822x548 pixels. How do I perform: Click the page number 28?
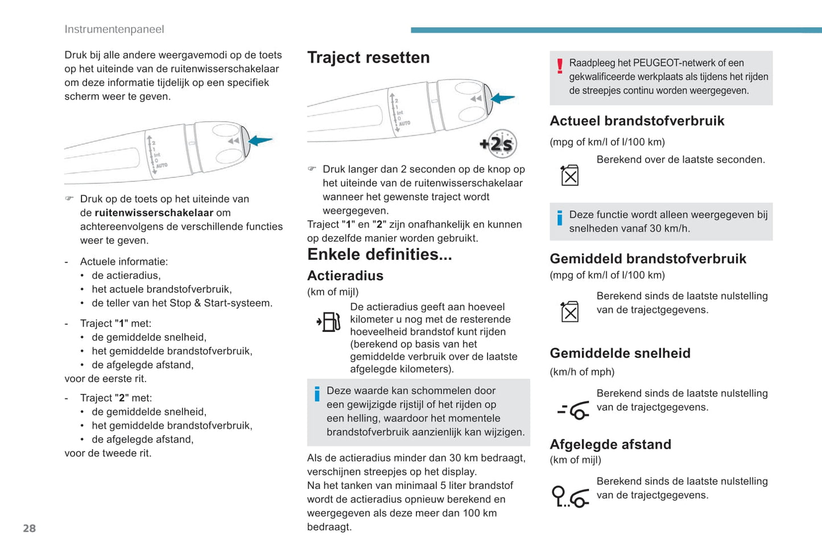(29, 528)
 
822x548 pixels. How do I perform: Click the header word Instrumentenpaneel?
(114, 29)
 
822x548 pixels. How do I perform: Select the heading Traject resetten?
(368, 57)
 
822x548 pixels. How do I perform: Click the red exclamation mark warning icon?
(560, 67)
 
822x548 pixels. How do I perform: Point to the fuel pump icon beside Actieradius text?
(329, 322)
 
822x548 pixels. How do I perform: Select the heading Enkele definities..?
(379, 254)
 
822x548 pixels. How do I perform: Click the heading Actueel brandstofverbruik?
(637, 121)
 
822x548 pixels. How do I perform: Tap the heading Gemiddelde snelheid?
(620, 353)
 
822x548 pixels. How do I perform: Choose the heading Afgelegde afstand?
(610, 444)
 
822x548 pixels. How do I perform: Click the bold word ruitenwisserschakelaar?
(154, 213)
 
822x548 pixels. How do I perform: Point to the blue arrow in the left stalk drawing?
(261, 140)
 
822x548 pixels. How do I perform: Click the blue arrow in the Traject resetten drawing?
(502, 98)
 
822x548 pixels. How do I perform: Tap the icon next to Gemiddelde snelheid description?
(573, 410)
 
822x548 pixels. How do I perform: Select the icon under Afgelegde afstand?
(570, 496)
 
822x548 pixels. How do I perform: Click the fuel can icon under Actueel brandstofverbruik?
(569, 176)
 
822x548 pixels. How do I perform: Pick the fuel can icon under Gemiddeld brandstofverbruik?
(569, 312)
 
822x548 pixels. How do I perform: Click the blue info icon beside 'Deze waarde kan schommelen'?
(317, 393)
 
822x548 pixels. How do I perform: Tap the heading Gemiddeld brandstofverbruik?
(647, 259)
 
